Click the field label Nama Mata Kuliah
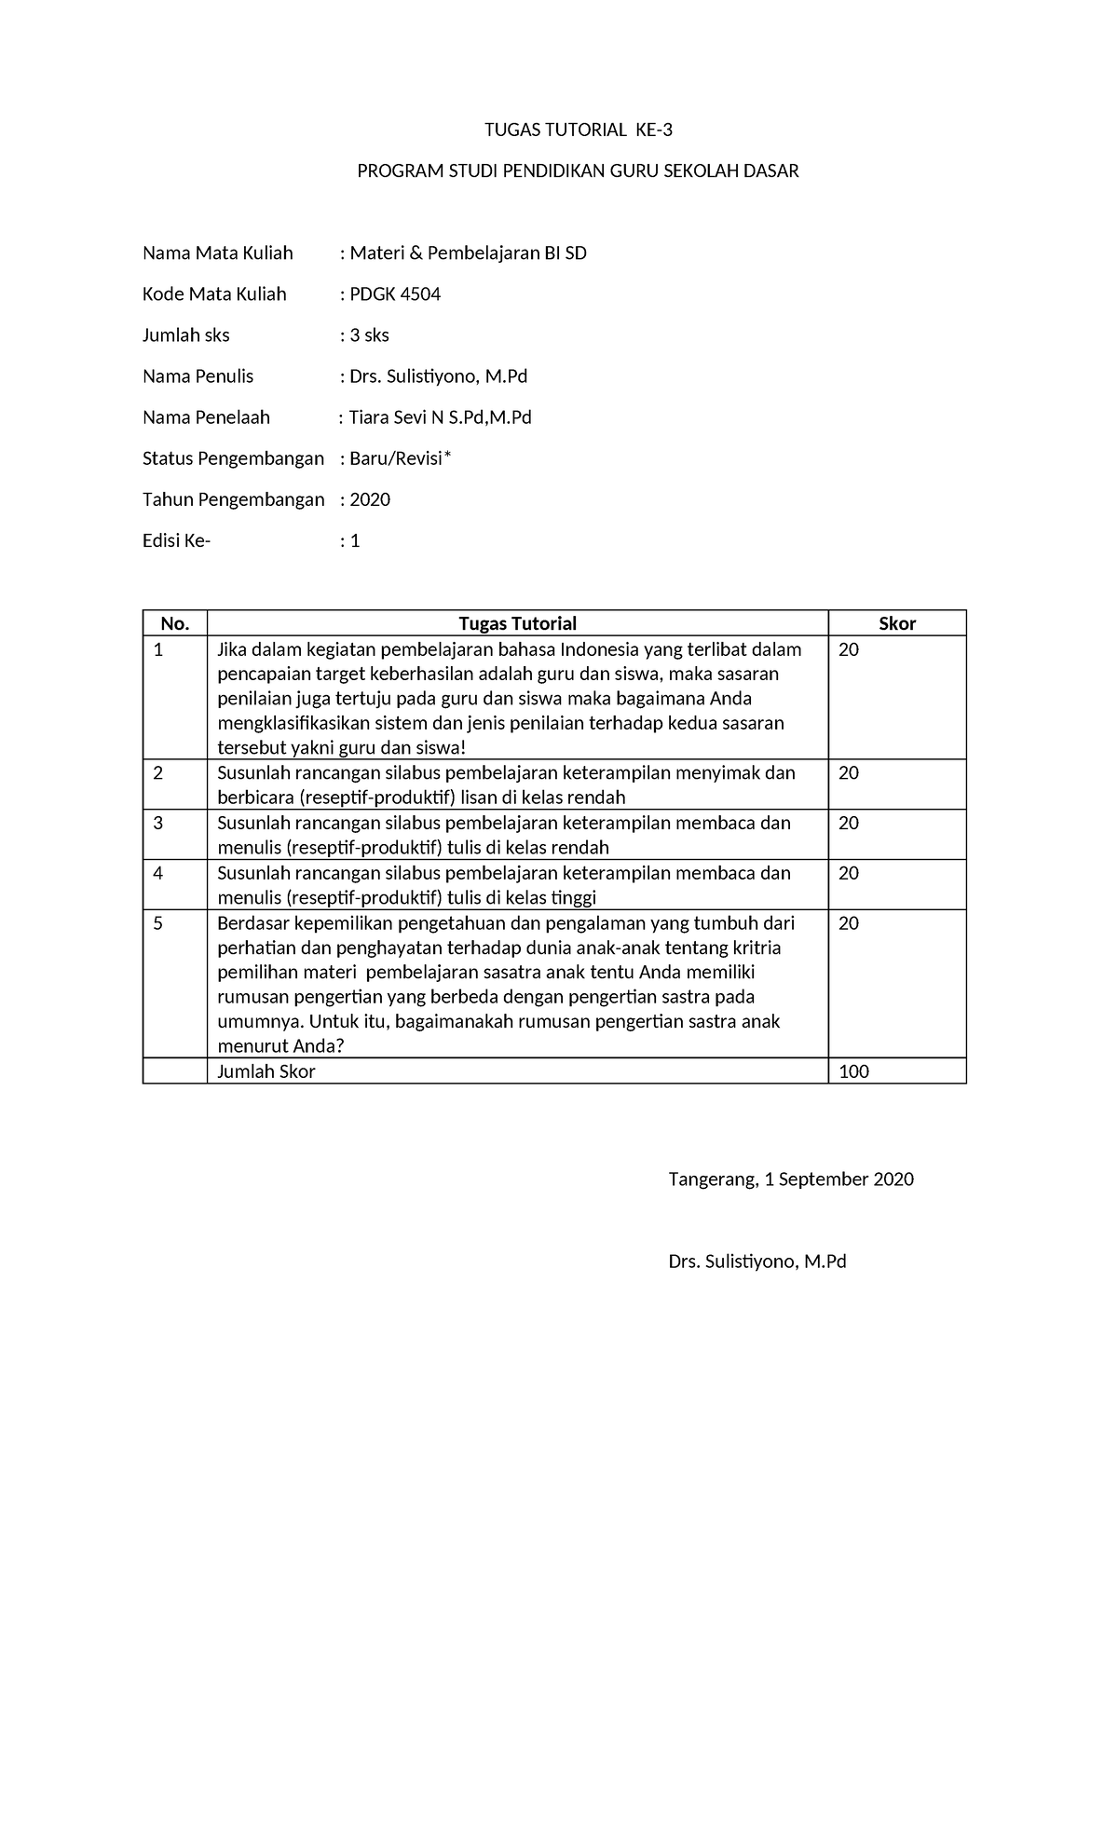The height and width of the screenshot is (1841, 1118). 217,253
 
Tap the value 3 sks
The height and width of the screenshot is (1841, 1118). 369,335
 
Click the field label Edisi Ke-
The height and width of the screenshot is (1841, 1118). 177,540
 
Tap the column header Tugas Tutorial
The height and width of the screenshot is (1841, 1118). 517,623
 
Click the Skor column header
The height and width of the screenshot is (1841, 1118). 897,623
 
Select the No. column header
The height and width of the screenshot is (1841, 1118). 175,623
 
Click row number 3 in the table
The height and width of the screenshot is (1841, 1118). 158,823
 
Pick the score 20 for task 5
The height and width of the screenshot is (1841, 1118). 849,923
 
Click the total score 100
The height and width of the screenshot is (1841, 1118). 853,1071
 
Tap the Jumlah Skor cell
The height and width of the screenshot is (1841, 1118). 266,1071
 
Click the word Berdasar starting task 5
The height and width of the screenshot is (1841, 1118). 253,923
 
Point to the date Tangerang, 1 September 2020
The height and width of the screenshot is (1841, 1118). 791,1180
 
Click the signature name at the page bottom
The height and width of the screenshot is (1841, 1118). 757,1261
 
